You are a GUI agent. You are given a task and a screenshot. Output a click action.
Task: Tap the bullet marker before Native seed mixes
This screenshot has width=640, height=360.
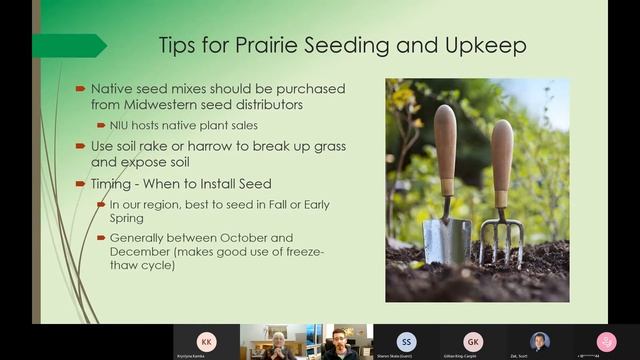(81, 89)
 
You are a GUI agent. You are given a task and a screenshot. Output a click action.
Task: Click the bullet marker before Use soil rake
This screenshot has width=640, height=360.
(81, 146)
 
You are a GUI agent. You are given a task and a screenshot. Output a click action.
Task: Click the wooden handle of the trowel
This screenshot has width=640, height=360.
(445, 150)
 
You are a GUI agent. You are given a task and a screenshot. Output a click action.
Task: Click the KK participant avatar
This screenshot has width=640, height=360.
(206, 341)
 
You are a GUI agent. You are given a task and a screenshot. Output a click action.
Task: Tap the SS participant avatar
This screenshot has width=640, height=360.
(406, 341)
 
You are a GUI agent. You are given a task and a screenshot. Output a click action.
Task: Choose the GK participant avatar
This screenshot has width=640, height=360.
(473, 341)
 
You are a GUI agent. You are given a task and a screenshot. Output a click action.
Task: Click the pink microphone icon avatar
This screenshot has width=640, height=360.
(606, 341)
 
